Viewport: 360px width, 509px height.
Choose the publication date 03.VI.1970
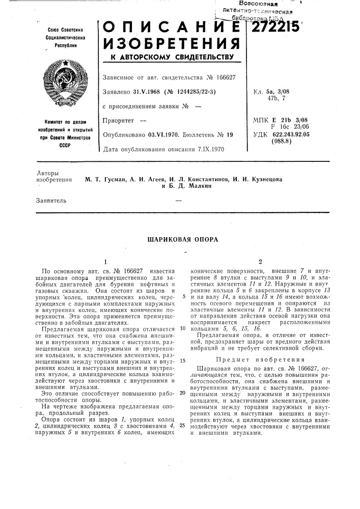[156, 136]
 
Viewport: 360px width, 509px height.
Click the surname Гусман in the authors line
[109, 179]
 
